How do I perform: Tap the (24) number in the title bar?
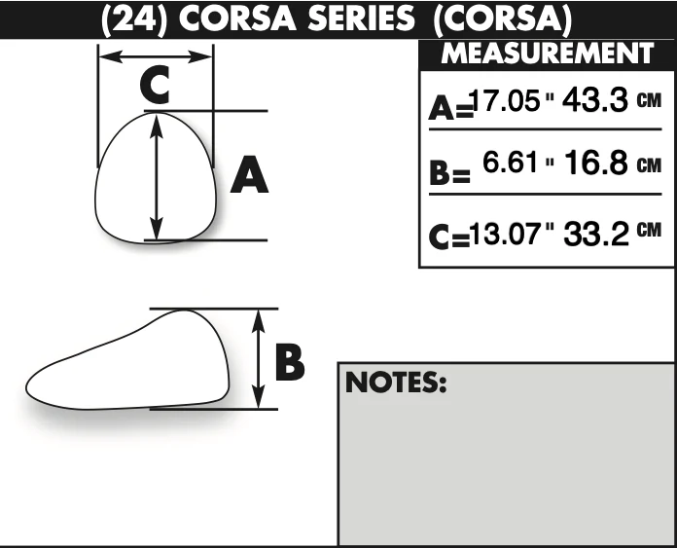click(134, 19)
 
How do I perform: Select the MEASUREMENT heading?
click(547, 54)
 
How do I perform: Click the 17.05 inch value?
click(505, 100)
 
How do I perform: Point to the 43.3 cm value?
click(595, 100)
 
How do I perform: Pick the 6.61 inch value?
click(511, 163)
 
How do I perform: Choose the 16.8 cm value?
click(596, 163)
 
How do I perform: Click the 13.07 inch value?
click(505, 234)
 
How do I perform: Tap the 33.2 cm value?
click(596, 234)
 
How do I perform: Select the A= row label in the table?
click(450, 108)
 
